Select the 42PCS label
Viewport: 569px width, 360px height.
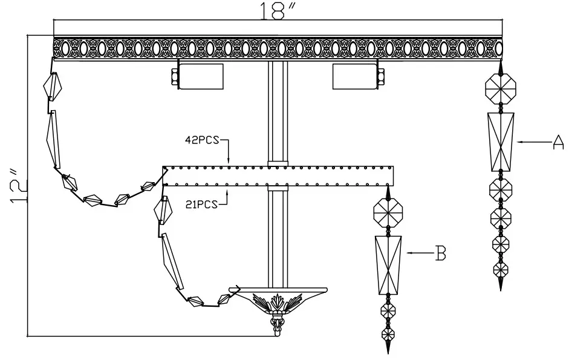[x=203, y=140]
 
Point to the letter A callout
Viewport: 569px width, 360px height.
[x=558, y=142]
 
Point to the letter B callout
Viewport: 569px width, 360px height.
[x=441, y=254]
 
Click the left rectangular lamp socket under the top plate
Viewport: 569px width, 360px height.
[x=201, y=76]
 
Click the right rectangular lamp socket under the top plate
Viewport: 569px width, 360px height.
[x=354, y=76]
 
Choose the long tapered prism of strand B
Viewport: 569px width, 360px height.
[x=388, y=265]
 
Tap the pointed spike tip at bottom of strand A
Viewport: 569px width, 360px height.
[x=501, y=285]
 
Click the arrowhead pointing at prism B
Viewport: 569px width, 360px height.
[x=409, y=254]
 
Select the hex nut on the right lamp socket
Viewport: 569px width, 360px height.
[x=381, y=76]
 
